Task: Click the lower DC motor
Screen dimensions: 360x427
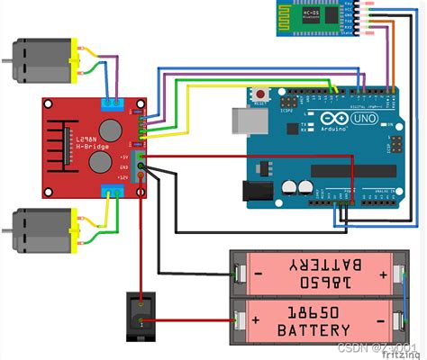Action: pos(41,233)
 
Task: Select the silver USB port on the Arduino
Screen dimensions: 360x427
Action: pos(243,122)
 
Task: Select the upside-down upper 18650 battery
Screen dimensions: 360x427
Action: pos(320,273)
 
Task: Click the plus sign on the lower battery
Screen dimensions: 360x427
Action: pos(256,319)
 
